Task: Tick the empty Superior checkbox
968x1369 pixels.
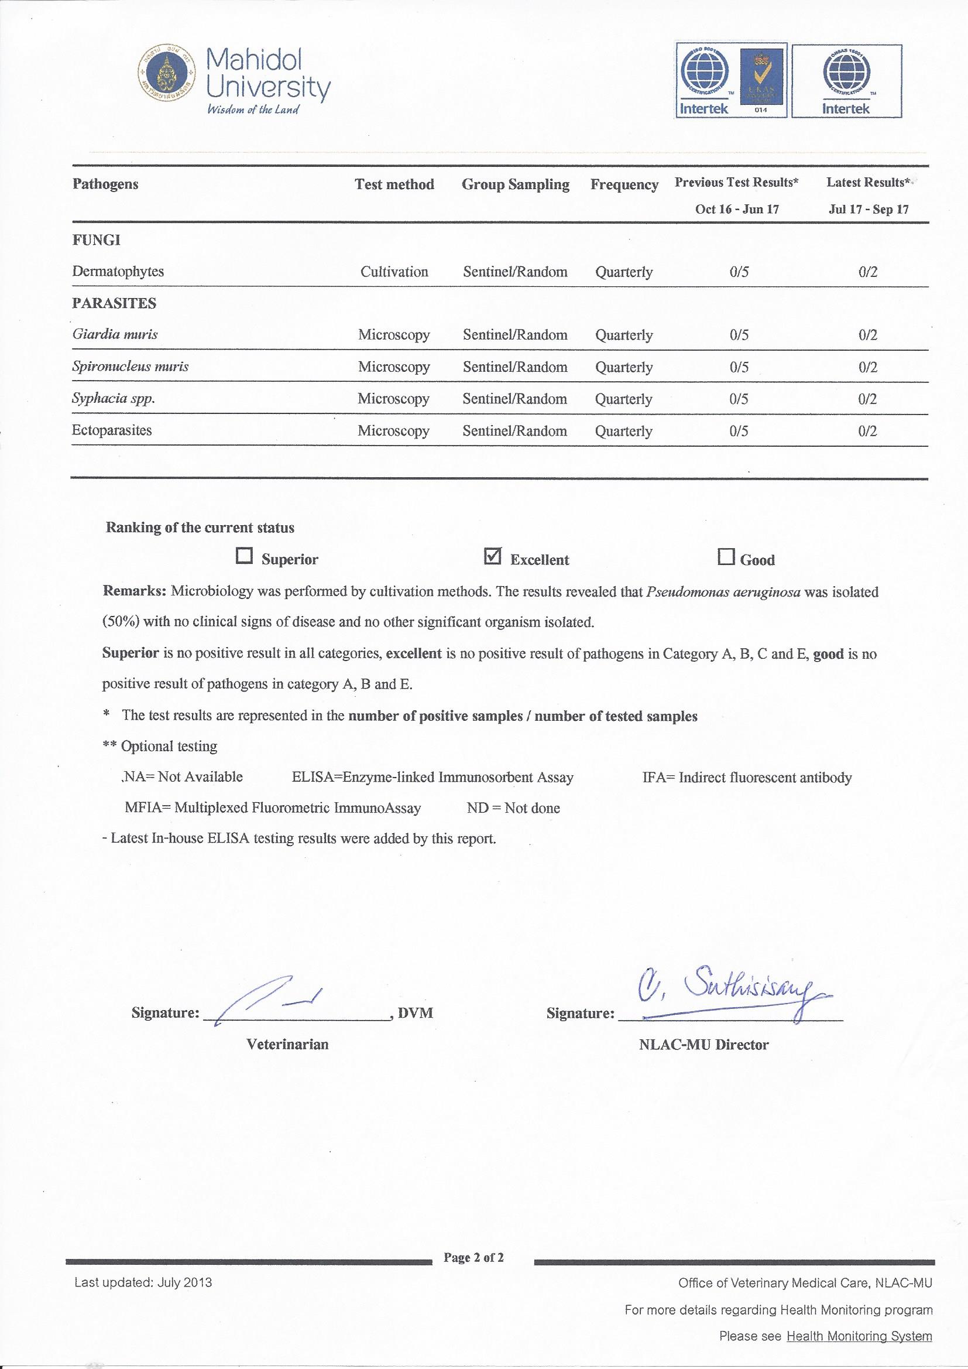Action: (x=245, y=556)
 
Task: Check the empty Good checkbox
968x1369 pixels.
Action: (x=725, y=557)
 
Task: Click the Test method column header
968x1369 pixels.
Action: (x=394, y=184)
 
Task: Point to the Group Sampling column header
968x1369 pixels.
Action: (x=515, y=185)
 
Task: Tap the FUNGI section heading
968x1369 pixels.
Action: (x=96, y=240)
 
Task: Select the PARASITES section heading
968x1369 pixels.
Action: (x=114, y=303)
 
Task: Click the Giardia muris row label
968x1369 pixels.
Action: (x=115, y=334)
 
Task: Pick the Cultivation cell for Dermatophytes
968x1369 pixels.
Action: (x=394, y=272)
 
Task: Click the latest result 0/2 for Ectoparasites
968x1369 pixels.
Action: (x=867, y=431)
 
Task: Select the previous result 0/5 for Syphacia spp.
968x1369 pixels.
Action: (x=739, y=399)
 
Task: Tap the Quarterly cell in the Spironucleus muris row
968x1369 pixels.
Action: (x=623, y=367)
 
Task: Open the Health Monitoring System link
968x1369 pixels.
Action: (x=859, y=1353)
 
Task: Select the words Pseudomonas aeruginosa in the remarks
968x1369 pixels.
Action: (x=723, y=593)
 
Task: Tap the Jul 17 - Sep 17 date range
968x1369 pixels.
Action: (x=868, y=209)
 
